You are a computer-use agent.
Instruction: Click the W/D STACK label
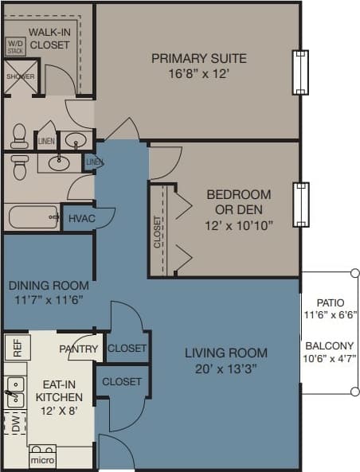[x=15, y=45]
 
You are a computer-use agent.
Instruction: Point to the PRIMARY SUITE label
[x=198, y=58]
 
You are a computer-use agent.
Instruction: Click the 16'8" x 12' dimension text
[x=198, y=73]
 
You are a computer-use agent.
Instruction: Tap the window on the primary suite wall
[x=299, y=72]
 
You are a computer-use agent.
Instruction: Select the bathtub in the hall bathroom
[x=32, y=216]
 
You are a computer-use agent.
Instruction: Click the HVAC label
[x=80, y=217]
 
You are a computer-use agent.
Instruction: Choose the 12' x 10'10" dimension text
[x=238, y=225]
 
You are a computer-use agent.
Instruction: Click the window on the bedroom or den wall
[x=299, y=205]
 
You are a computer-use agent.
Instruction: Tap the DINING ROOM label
[x=49, y=285]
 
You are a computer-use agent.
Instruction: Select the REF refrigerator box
[x=15, y=347]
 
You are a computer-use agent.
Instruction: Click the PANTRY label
[x=78, y=349]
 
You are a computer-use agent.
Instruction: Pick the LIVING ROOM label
[x=225, y=353]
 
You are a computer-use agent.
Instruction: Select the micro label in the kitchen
[x=41, y=460]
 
